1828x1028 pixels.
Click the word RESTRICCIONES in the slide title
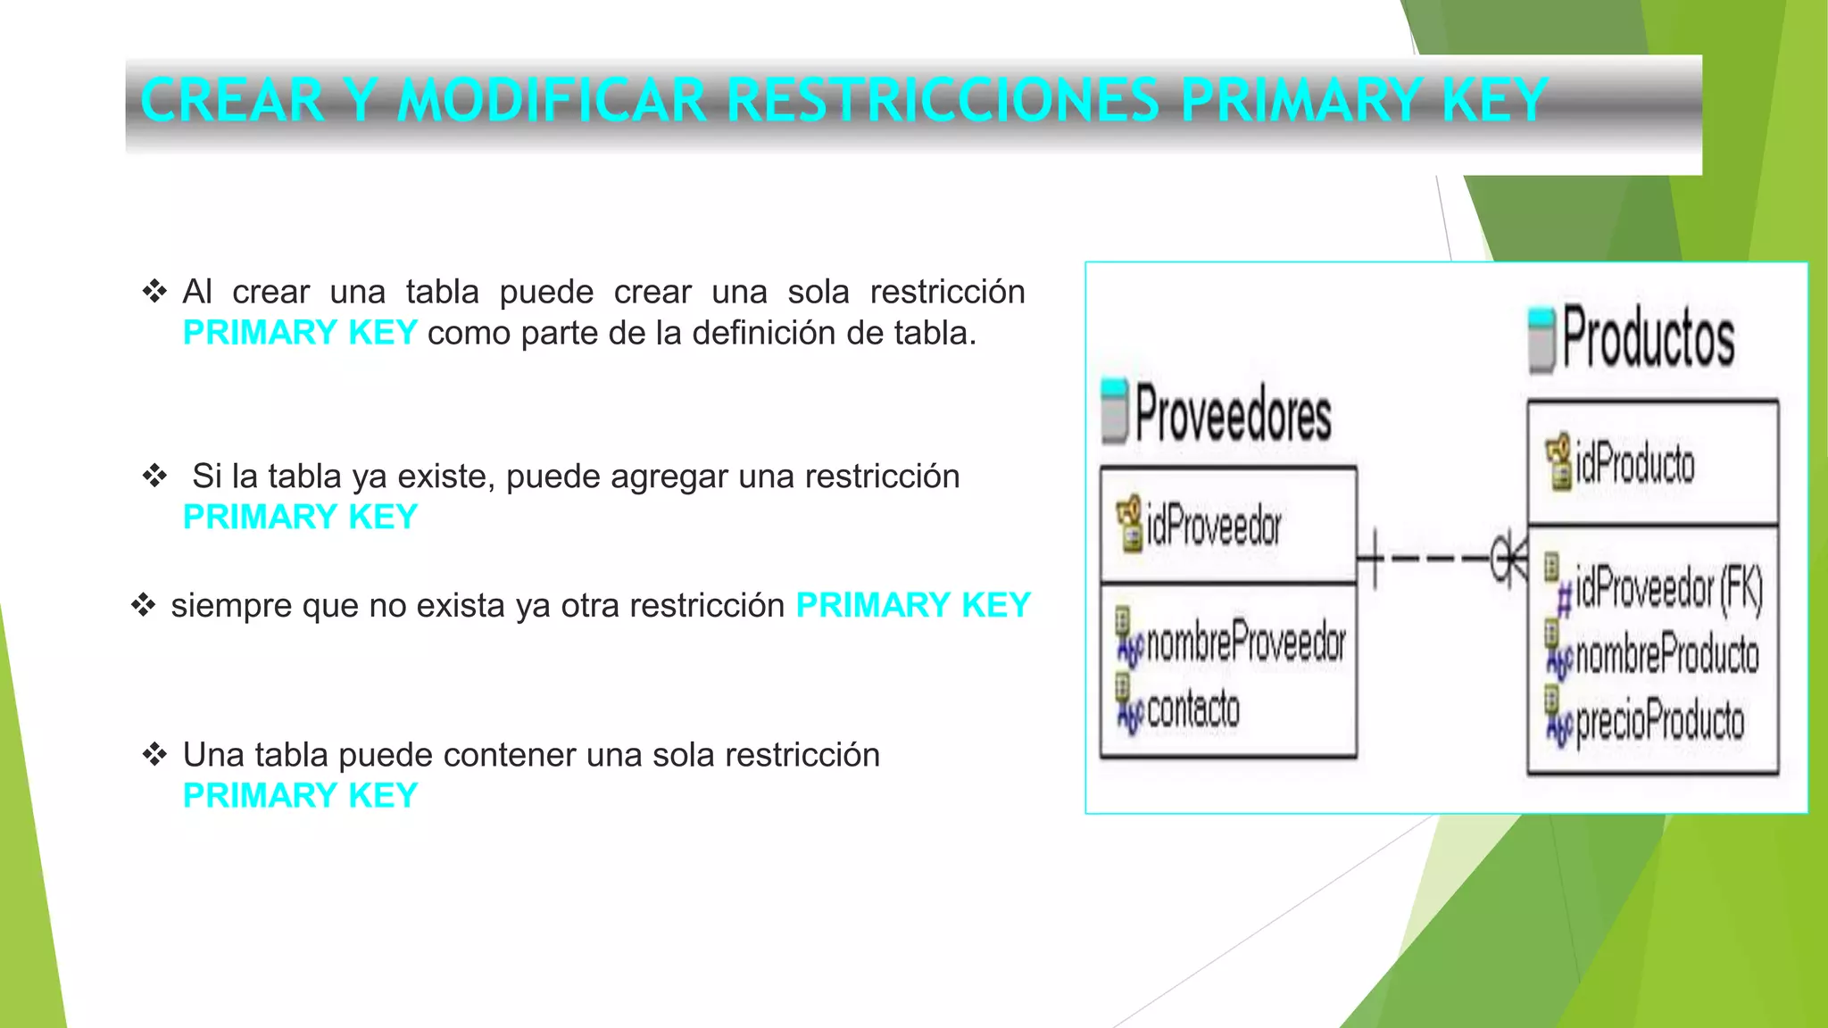[x=943, y=100]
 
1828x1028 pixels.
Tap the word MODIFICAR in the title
[x=553, y=100]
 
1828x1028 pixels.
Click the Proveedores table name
[x=1233, y=414]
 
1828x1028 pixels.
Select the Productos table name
[x=1648, y=337]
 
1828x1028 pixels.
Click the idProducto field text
[x=1634, y=464]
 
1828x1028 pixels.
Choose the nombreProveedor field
[x=1245, y=642]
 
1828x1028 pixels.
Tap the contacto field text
[x=1193, y=709]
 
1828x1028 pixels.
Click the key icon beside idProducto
[x=1558, y=461]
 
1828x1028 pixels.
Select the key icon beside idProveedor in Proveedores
[x=1129, y=523]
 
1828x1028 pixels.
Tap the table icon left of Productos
[x=1541, y=339]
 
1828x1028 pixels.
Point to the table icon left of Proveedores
[x=1115, y=411]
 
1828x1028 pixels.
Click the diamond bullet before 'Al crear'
[x=154, y=291]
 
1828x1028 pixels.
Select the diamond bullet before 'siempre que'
[x=143, y=605]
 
